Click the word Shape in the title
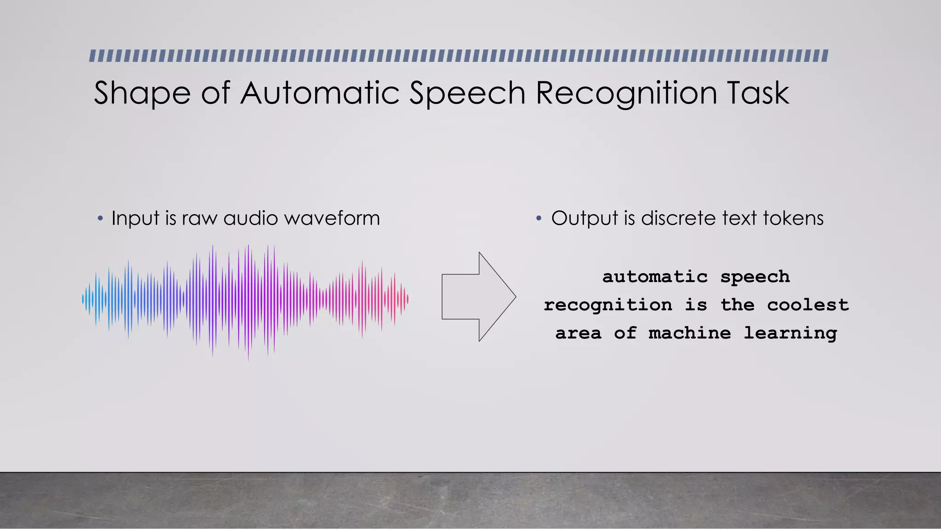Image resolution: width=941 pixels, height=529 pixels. [142, 94]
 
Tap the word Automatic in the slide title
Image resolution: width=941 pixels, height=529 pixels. [320, 93]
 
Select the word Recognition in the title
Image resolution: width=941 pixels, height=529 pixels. [626, 94]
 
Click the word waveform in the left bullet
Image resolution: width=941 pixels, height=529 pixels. [332, 218]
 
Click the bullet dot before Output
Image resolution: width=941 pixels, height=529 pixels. [539, 219]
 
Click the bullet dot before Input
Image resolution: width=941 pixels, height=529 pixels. [100, 219]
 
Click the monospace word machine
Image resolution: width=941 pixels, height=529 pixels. [689, 333]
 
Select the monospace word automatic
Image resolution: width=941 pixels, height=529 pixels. [655, 276]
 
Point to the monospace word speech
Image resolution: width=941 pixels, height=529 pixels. [755, 277]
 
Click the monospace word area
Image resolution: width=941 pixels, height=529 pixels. [578, 333]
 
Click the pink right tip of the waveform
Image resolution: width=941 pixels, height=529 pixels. [407, 299]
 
